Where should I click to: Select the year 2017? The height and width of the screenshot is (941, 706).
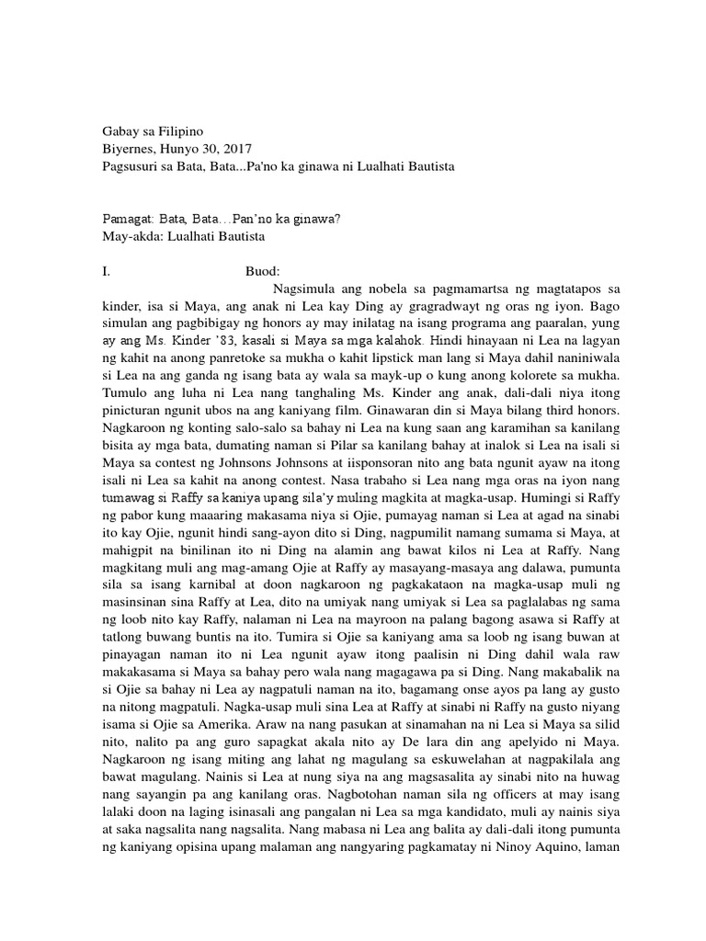(233, 148)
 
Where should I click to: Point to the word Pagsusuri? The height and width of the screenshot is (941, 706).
(132, 165)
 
